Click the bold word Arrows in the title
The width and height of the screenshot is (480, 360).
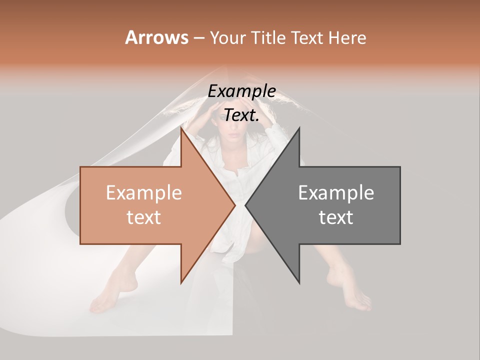tap(156, 37)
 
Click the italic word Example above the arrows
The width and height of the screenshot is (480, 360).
tap(241, 91)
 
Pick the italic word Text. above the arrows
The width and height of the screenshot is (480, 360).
tap(241, 115)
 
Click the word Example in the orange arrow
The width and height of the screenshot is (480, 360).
tap(143, 193)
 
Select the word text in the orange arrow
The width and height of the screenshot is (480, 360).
tap(143, 217)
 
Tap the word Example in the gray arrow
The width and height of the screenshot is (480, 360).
tap(336, 193)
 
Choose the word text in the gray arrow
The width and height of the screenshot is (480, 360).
tap(336, 217)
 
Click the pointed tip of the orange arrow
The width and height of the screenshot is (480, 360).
tap(234, 205)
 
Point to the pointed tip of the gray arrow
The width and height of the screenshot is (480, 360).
tap(246, 205)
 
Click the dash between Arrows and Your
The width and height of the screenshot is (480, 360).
tap(198, 38)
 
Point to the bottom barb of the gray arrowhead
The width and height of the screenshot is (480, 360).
tap(298, 281)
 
